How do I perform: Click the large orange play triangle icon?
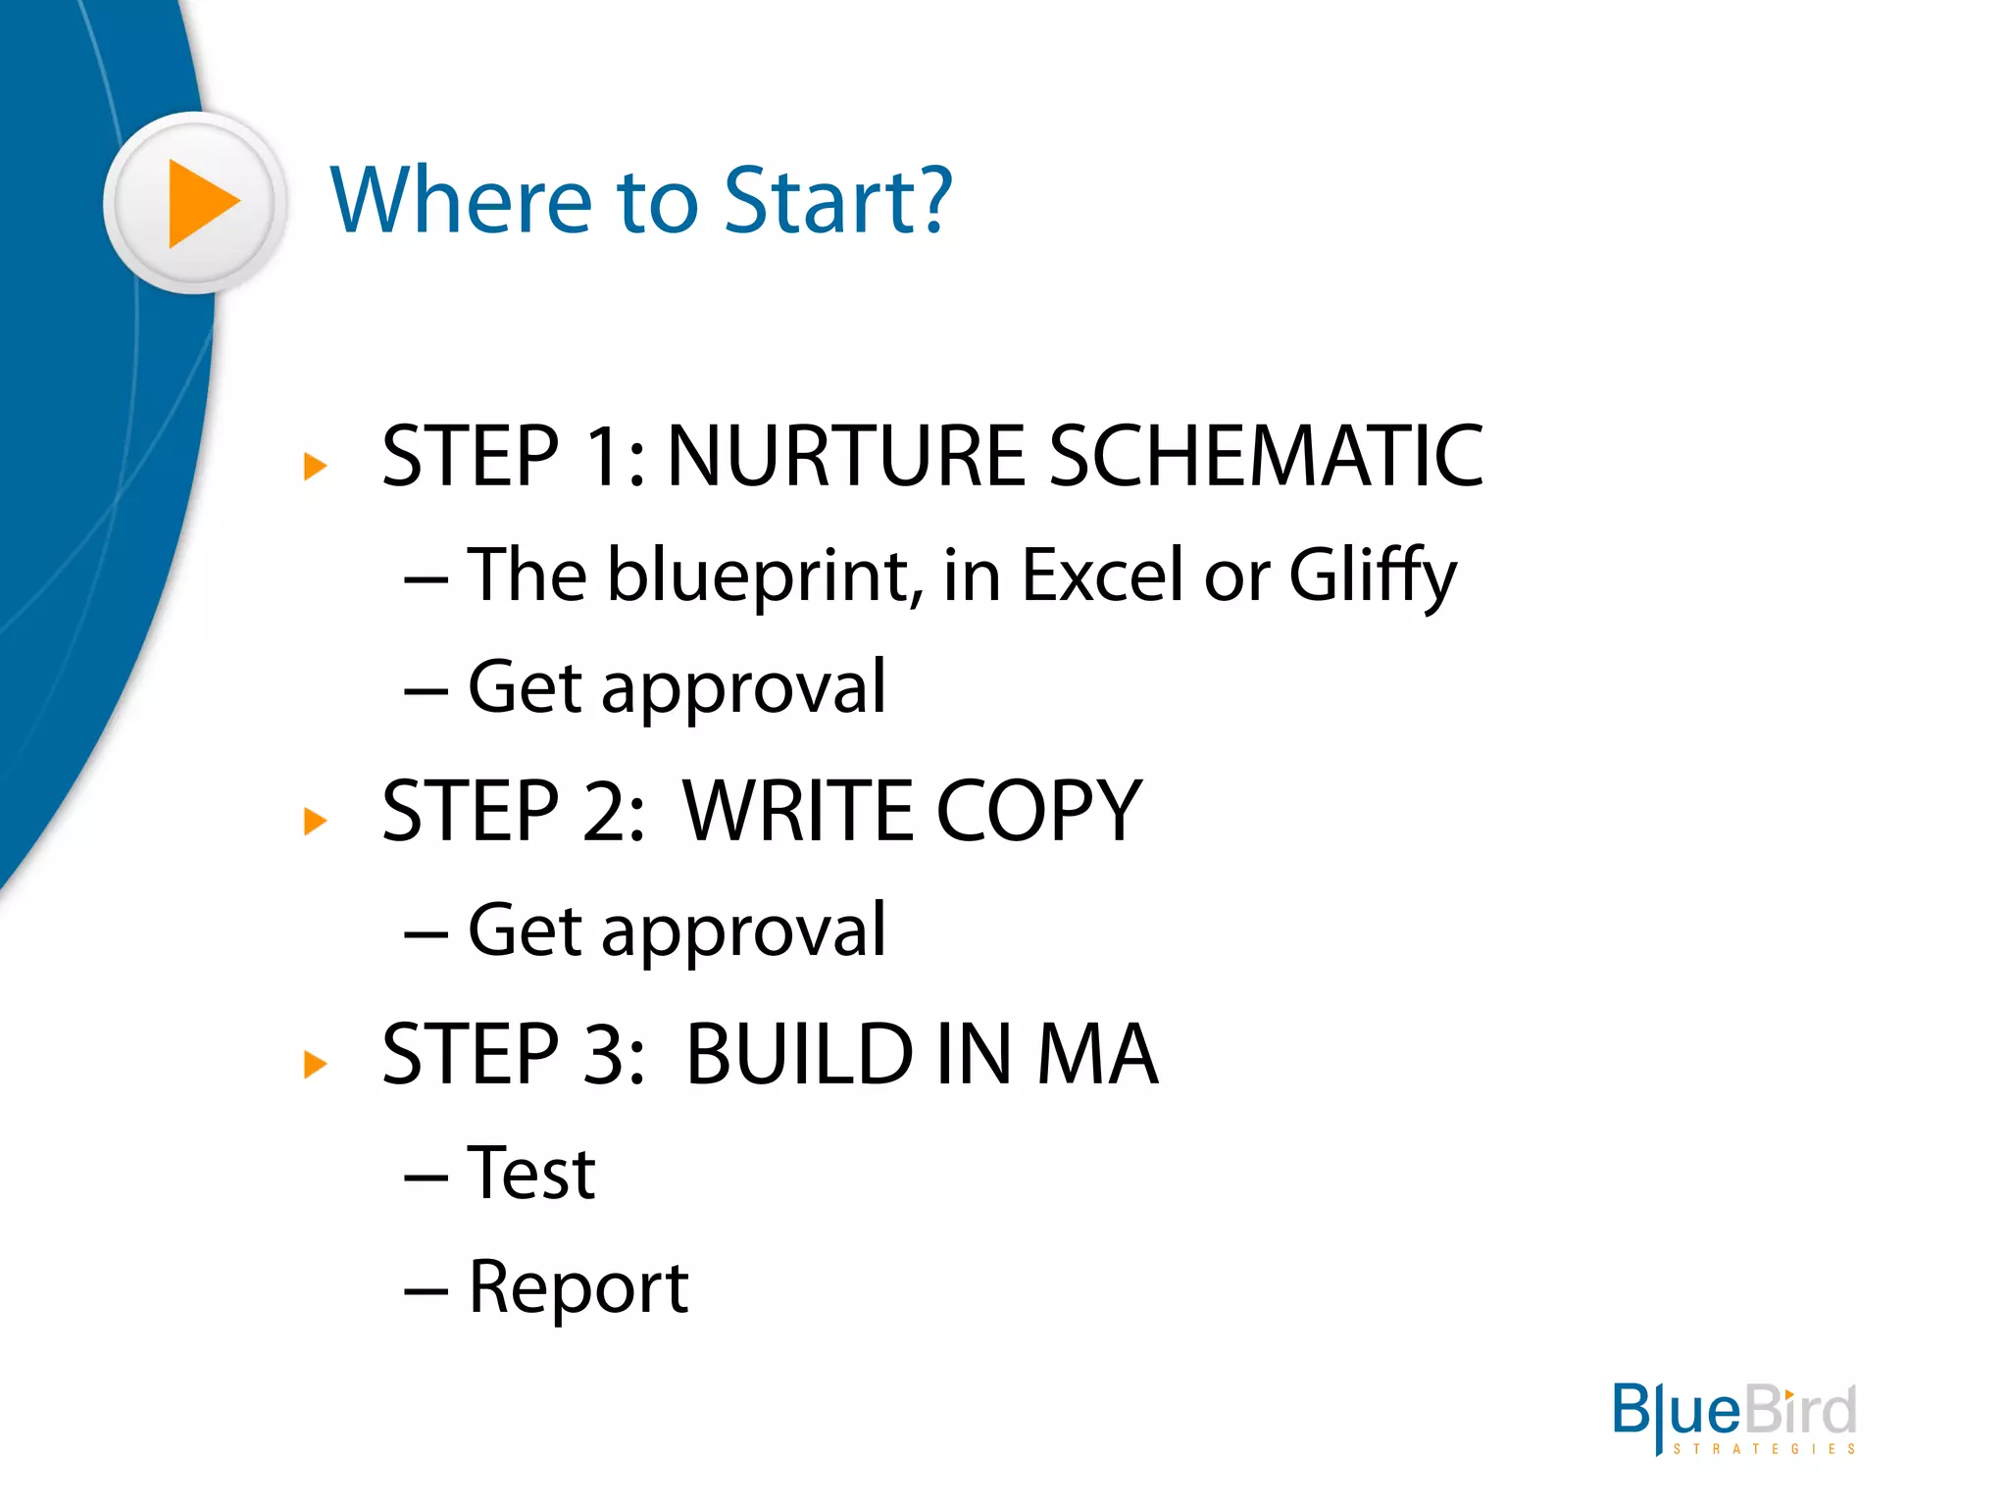[200, 203]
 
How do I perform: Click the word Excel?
[1102, 575]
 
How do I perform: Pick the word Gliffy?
[1372, 577]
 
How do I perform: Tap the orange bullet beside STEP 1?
[315, 467]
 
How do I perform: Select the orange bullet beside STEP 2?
[315, 821]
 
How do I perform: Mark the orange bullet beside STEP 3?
[315, 1064]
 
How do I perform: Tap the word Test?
[531, 1174]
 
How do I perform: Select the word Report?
[578, 1287]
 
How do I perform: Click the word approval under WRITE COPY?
[743, 931]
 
